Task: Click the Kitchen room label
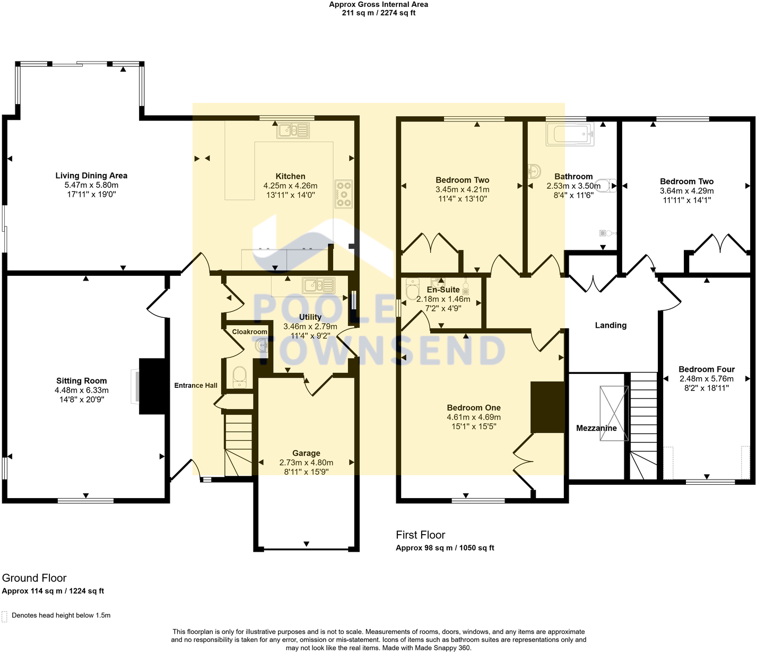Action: [290, 176]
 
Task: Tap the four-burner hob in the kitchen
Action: [344, 194]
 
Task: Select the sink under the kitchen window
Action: [293, 130]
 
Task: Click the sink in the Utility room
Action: [318, 285]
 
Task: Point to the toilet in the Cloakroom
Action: [240, 377]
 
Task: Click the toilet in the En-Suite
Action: [412, 289]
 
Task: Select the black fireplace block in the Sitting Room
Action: [152, 386]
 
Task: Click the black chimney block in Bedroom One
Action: [547, 407]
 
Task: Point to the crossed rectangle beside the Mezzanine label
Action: [614, 413]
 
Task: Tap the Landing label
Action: [611, 325]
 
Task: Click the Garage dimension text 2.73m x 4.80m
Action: [306, 463]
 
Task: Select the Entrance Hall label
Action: [196, 386]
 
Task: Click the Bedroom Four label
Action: [707, 369]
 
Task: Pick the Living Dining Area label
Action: [91, 176]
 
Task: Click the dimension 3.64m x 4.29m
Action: [686, 191]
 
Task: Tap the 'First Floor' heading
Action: [420, 535]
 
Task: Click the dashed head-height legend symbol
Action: [5, 616]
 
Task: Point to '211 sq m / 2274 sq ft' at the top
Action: [378, 13]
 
